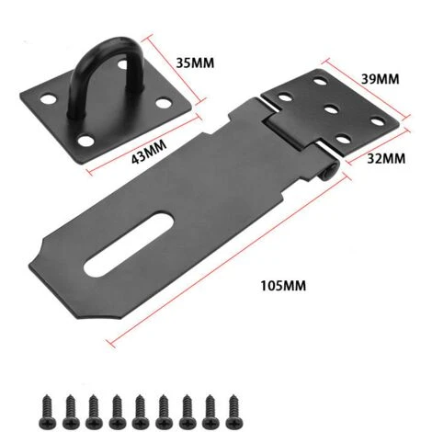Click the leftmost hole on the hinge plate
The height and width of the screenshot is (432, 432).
(285, 96)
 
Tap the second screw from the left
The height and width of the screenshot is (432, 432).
(67, 407)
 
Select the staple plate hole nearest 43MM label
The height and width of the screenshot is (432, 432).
(90, 140)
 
